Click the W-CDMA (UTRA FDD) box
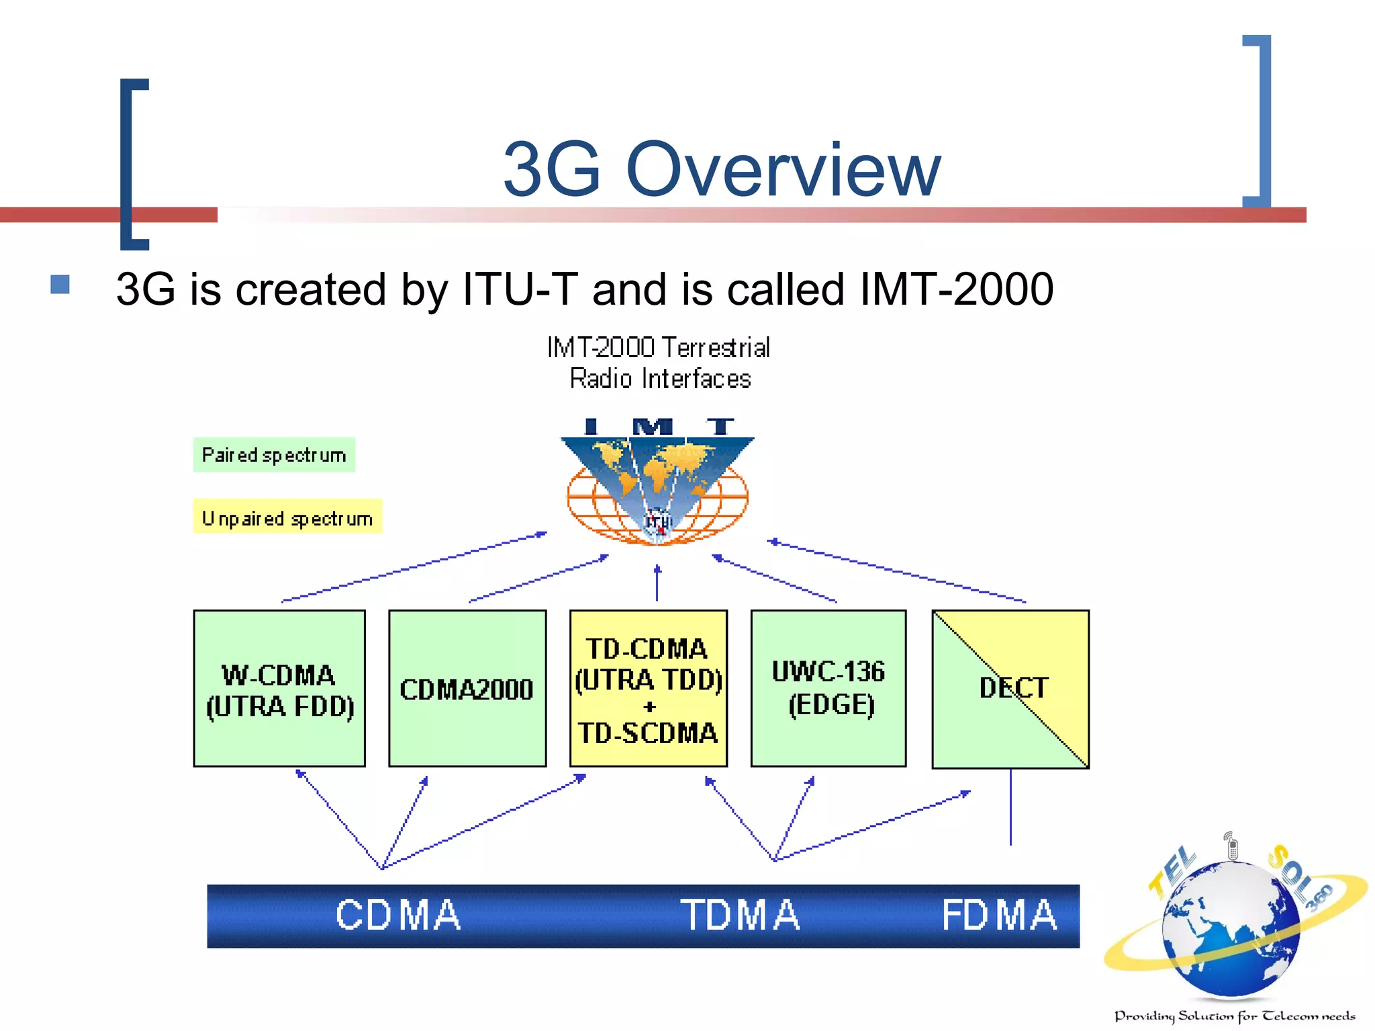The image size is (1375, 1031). click(x=279, y=689)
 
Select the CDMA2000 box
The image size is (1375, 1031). click(x=467, y=689)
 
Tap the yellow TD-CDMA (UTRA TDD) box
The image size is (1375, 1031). click(x=649, y=689)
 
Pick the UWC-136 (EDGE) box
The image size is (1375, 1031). click(x=828, y=689)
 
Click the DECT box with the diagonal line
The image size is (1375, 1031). click(x=1010, y=689)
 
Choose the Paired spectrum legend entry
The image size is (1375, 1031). click(x=274, y=455)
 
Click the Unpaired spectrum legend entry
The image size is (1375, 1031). click(x=287, y=517)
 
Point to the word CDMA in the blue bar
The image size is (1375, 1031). click(x=398, y=916)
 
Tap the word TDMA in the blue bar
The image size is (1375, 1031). click(x=740, y=916)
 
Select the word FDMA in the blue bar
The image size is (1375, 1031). click(x=999, y=916)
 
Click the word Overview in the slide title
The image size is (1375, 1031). click(x=783, y=169)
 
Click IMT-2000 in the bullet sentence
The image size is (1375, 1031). click(x=956, y=290)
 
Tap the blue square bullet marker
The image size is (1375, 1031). click(x=60, y=285)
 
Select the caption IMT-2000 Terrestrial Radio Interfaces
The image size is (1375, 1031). click(x=659, y=363)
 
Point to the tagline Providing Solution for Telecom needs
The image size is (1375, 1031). click(x=1234, y=1016)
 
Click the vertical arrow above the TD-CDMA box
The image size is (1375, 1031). click(x=657, y=583)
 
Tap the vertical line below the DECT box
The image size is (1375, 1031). click(x=1010, y=807)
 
